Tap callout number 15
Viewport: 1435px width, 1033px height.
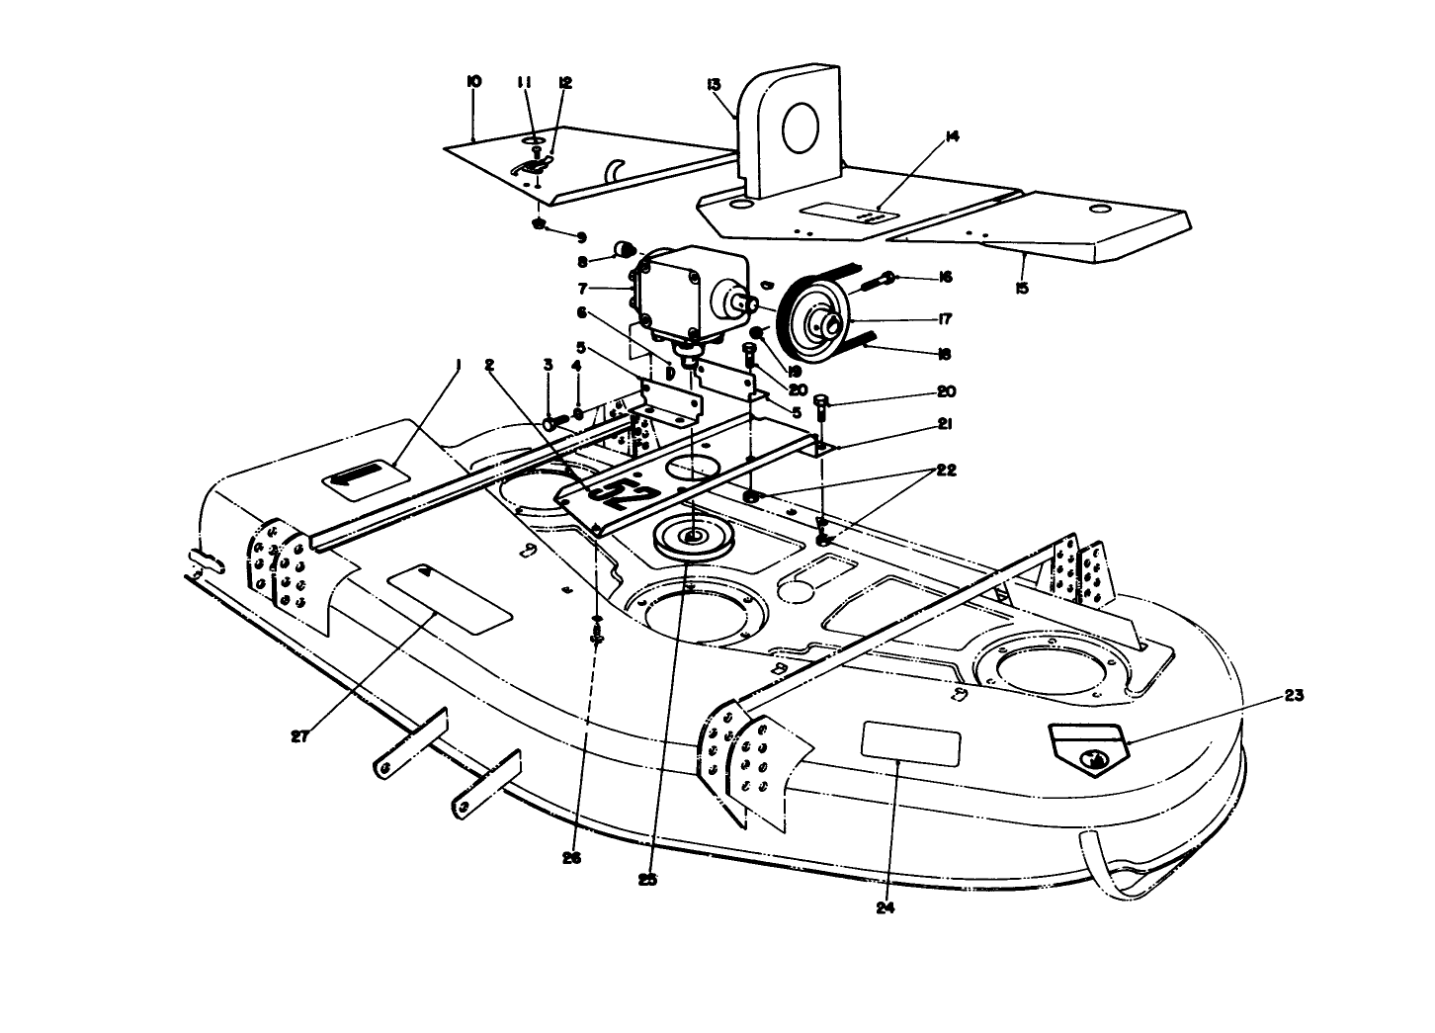coord(1021,288)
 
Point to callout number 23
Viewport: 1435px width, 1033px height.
coord(1295,696)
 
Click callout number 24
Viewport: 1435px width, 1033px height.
coord(885,908)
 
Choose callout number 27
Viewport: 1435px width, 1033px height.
coord(300,735)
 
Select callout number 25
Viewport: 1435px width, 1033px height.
coord(648,878)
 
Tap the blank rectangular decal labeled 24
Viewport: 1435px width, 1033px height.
coord(911,744)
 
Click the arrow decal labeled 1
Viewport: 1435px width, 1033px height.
coord(367,477)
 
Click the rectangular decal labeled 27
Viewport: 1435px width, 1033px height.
coord(450,600)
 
